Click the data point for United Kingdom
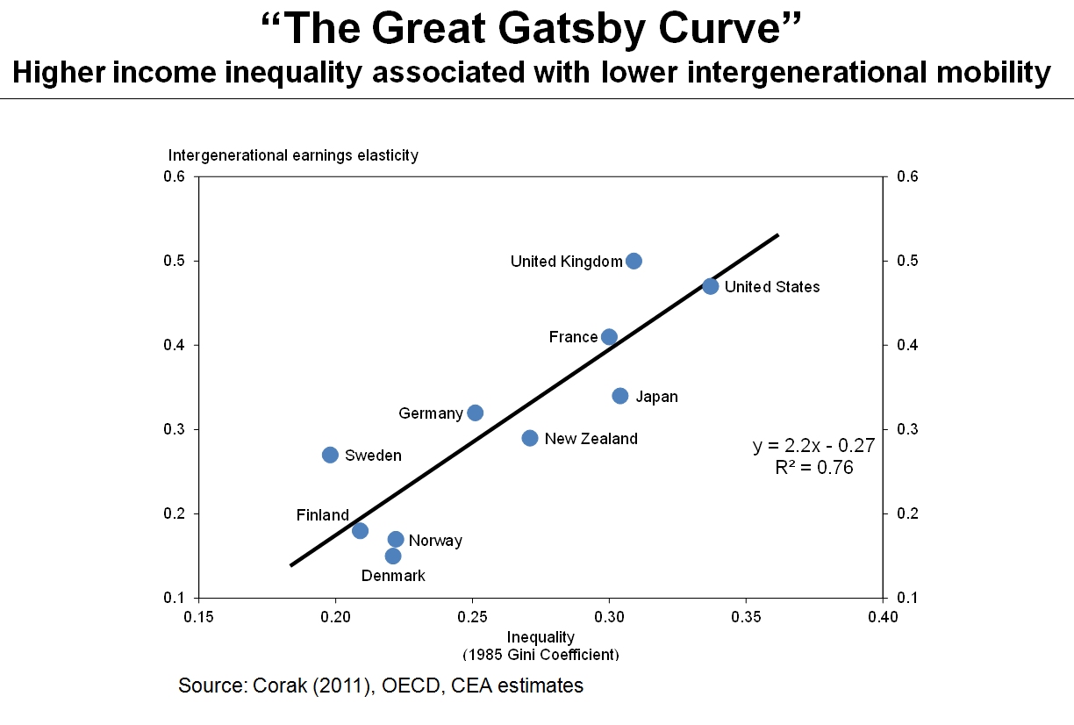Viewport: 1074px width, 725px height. pos(634,261)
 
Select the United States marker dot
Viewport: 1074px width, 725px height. pos(711,286)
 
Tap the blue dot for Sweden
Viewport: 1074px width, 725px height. pos(330,455)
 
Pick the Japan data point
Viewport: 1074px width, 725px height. pos(620,396)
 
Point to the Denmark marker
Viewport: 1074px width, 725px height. pos(393,556)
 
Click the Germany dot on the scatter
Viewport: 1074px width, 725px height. pos(476,413)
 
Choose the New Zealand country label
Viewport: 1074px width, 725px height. pos(591,439)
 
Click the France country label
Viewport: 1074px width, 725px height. pos(573,337)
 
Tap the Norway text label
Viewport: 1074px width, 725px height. pos(435,541)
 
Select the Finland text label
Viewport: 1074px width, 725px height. pos(322,515)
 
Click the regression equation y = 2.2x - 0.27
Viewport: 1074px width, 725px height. pos(813,447)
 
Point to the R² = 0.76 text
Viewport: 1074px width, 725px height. pos(813,468)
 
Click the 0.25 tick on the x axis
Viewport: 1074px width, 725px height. pos(472,617)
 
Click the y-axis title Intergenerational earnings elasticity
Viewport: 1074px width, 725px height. pos(293,155)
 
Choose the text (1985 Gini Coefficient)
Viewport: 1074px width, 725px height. pos(541,655)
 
